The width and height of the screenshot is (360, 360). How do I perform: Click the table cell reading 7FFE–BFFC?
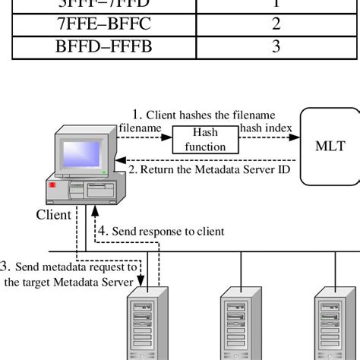[103, 24]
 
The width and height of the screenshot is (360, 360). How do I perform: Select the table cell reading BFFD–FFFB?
[103, 47]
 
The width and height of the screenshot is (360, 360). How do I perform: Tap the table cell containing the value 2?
[276, 24]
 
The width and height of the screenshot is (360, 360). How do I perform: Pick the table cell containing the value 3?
[276, 47]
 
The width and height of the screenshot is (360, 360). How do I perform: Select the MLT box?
[330, 146]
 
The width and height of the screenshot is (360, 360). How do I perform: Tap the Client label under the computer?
[52, 214]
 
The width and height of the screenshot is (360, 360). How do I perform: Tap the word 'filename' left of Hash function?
[140, 128]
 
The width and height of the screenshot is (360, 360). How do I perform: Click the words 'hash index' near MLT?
[266, 128]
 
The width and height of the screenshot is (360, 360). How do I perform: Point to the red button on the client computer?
[53, 185]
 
